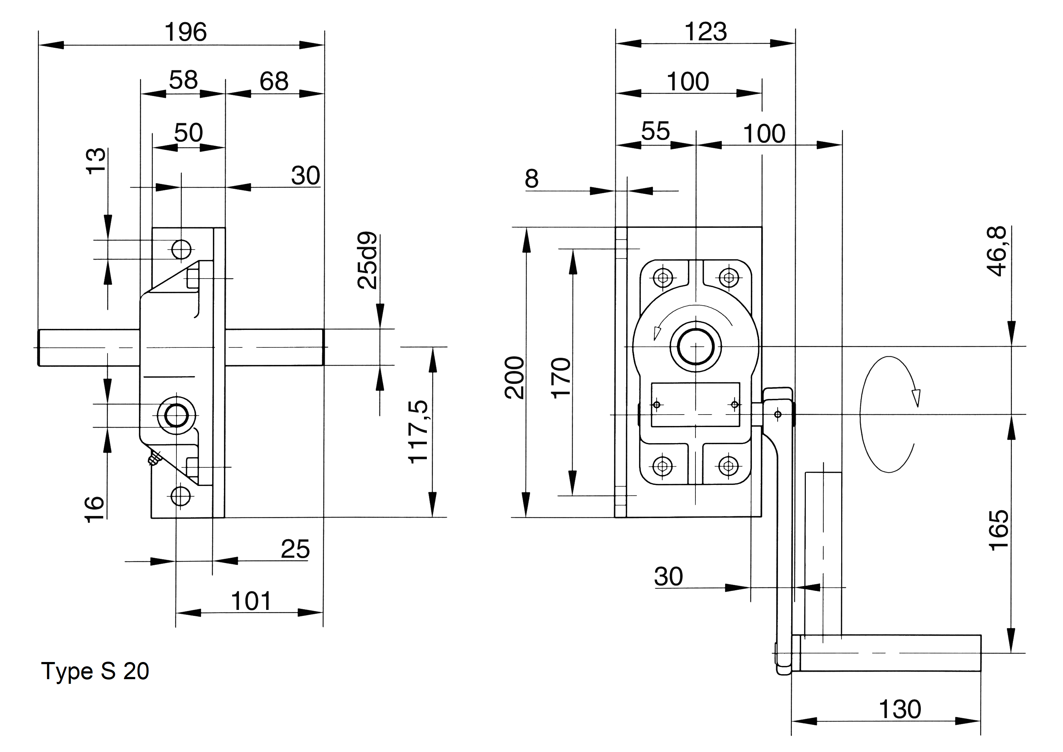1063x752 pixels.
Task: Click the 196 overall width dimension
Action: [x=185, y=32]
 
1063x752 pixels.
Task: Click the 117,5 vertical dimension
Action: [x=418, y=432]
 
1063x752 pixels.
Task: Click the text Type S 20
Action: [x=95, y=671]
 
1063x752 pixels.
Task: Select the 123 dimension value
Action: [x=705, y=32]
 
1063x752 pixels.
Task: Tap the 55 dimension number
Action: [x=655, y=131]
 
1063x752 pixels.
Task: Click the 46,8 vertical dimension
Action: [x=997, y=251]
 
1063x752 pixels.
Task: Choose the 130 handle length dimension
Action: [x=899, y=710]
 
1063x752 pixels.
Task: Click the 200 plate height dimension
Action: [x=515, y=377]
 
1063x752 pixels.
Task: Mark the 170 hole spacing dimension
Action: [x=561, y=377]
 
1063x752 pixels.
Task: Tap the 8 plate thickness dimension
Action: [x=532, y=179]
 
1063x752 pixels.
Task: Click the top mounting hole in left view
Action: [x=181, y=250]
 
